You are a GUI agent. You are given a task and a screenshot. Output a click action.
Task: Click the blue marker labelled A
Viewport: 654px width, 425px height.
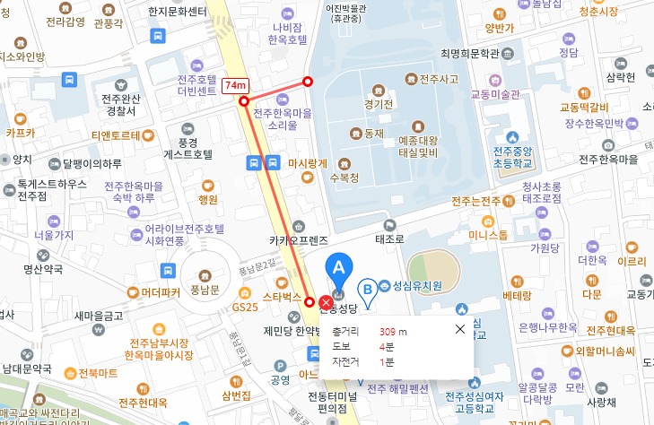(x=339, y=268)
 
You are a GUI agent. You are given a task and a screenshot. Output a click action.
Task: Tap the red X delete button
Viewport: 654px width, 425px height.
(x=325, y=301)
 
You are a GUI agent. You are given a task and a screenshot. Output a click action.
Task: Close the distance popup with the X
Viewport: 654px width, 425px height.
(x=460, y=330)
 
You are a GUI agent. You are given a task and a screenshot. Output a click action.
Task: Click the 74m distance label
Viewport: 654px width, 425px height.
(x=236, y=85)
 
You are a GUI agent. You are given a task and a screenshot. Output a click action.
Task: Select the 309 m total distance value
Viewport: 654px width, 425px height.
(x=393, y=331)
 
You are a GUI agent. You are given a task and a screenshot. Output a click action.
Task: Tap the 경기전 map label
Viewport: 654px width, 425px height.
(x=379, y=103)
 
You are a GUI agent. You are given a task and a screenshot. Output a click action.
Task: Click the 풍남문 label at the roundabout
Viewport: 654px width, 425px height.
(x=205, y=290)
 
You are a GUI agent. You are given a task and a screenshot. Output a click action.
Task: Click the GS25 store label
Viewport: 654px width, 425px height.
(x=245, y=307)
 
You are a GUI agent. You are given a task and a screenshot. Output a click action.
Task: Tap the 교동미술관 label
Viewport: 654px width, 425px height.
(x=495, y=94)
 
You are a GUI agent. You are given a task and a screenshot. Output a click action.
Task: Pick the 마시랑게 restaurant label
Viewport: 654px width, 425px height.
(x=308, y=163)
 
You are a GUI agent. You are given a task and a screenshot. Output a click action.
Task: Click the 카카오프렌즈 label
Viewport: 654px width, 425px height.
(x=299, y=240)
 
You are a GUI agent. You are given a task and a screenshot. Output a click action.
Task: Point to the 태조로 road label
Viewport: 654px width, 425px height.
(x=391, y=239)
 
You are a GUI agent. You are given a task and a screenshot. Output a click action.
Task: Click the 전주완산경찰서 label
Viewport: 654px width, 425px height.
(x=121, y=105)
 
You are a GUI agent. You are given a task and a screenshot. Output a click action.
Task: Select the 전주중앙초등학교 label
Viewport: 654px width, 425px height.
(x=513, y=156)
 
